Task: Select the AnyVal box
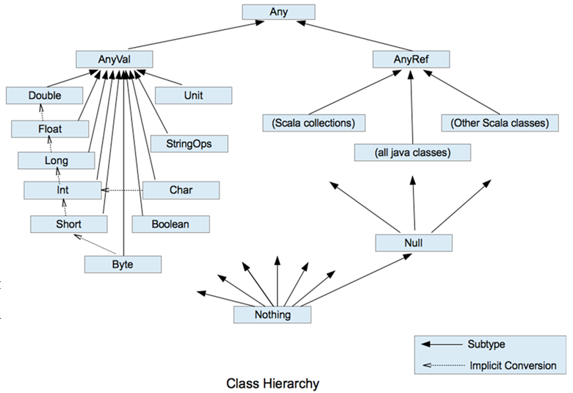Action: pos(114,59)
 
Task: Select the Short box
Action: pos(70,223)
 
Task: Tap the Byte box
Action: pos(122,262)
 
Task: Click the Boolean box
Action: pos(171,223)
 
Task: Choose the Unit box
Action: pos(193,95)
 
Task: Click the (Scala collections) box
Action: pos(314,123)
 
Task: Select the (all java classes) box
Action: pos(412,153)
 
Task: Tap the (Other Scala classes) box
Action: pos(499,123)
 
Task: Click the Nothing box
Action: pos(272,315)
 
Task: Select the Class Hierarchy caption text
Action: pos(273,383)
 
